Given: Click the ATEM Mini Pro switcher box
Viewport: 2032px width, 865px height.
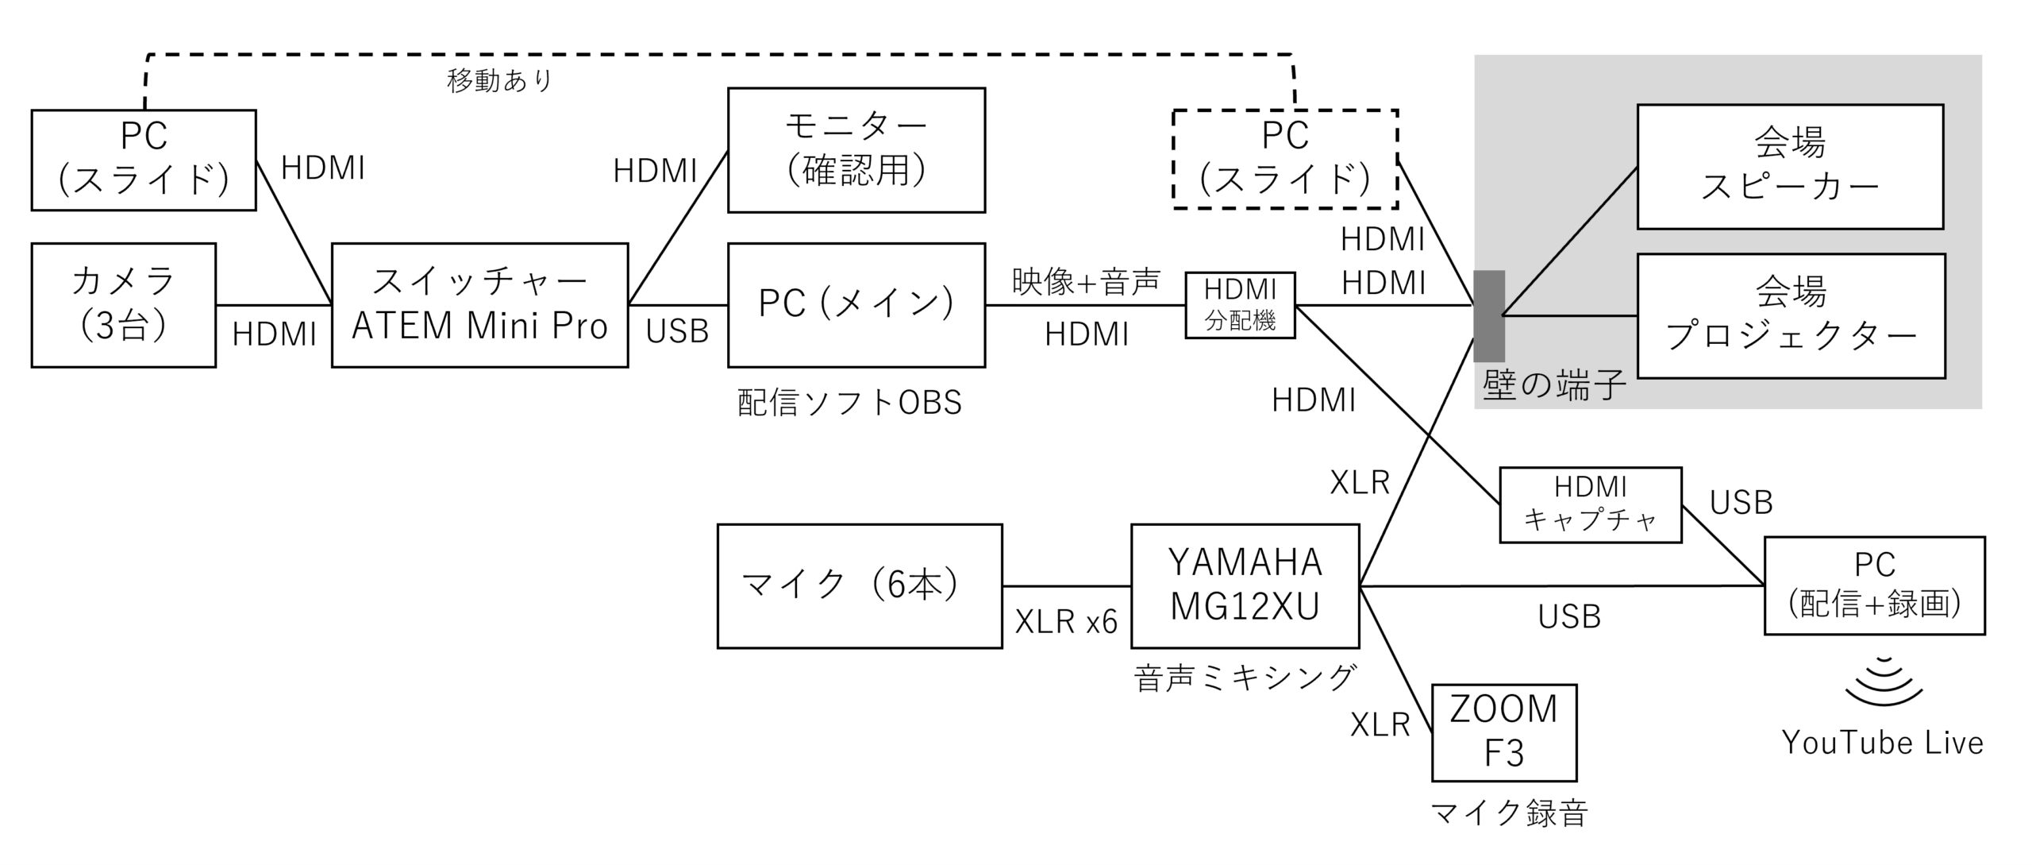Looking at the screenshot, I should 479,305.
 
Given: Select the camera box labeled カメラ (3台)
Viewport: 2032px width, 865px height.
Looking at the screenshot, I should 123,305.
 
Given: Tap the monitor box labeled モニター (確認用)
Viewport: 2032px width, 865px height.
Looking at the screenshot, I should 856,150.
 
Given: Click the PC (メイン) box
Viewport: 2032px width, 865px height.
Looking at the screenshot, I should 856,305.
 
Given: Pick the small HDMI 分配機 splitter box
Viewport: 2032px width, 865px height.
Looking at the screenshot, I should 1240,305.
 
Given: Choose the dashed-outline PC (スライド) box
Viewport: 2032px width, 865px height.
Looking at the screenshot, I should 1285,159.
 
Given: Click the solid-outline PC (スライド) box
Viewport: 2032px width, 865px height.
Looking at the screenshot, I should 144,160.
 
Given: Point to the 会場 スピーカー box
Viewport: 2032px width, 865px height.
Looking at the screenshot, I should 1790,167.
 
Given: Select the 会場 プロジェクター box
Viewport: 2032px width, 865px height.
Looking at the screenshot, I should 1791,315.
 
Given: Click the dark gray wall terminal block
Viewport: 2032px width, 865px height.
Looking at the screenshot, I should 1489,316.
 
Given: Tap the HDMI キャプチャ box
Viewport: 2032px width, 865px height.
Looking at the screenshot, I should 1590,505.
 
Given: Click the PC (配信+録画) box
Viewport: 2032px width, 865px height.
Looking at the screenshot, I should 1874,585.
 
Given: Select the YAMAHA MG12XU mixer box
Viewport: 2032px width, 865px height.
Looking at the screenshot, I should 1245,585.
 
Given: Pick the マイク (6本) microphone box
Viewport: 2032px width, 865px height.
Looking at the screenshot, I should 860,585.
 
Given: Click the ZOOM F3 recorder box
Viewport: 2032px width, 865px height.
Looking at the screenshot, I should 1504,732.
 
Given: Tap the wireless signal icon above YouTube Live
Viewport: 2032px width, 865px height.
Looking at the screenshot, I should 1884,682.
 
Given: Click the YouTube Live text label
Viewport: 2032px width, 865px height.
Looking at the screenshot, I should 1882,743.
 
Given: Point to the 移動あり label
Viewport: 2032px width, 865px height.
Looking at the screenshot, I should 499,80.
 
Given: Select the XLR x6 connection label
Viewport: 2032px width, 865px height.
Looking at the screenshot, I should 1066,622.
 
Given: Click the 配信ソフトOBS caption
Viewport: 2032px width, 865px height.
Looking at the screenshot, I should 849,403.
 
